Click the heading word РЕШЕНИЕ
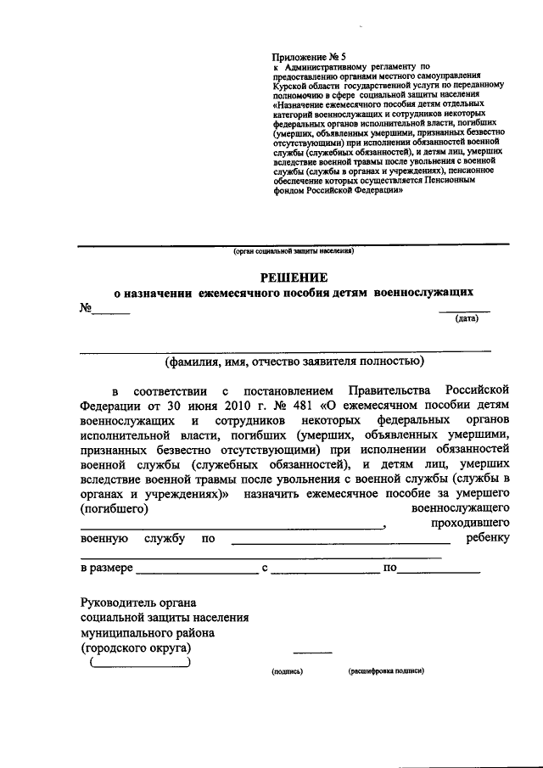point(294,277)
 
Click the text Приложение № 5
point(303,55)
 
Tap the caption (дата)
point(467,319)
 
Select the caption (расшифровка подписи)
point(386,670)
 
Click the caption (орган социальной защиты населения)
point(294,251)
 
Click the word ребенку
point(487,539)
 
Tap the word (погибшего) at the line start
point(115,509)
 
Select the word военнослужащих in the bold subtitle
point(423,293)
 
